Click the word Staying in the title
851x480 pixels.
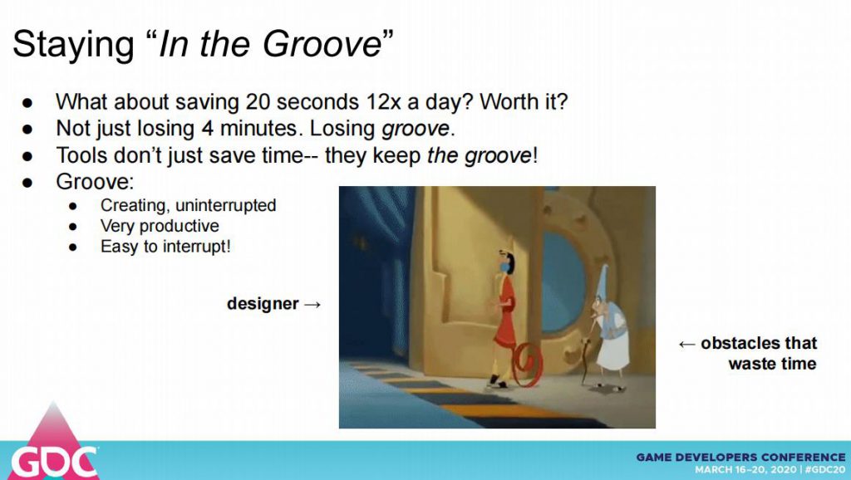[x=73, y=46]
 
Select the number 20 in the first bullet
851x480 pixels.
[x=258, y=102]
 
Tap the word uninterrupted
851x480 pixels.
[x=226, y=206]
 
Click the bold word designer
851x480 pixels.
[x=263, y=304]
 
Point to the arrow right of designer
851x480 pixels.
[x=312, y=305]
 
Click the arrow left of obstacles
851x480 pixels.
[x=686, y=344]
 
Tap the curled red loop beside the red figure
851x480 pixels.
[x=525, y=368]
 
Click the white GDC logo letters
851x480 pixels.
[x=54, y=463]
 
